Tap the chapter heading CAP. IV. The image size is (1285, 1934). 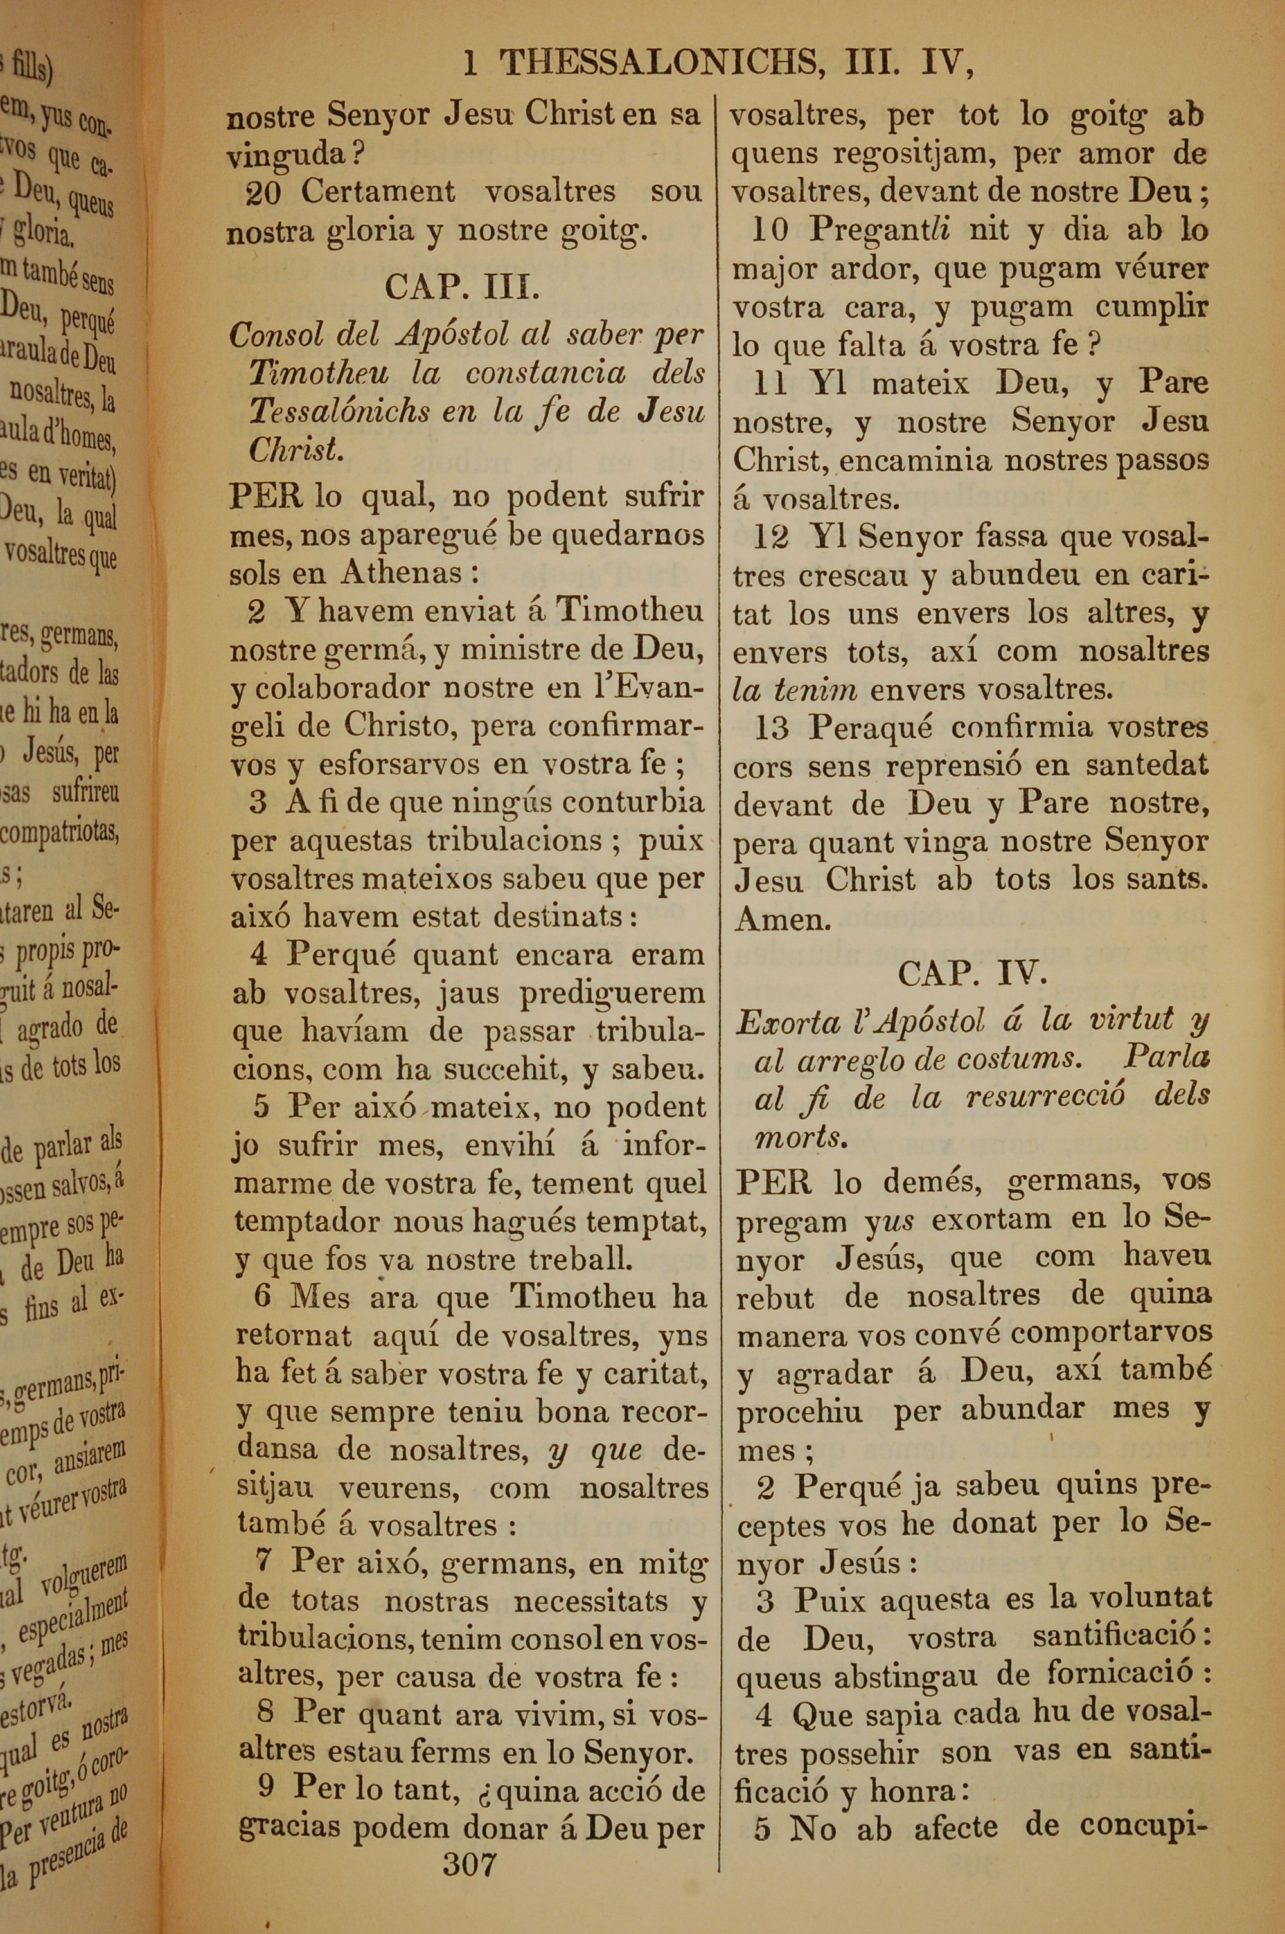pos(972,973)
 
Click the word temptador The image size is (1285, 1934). pos(310,1222)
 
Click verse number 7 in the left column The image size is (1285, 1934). pos(262,1560)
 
